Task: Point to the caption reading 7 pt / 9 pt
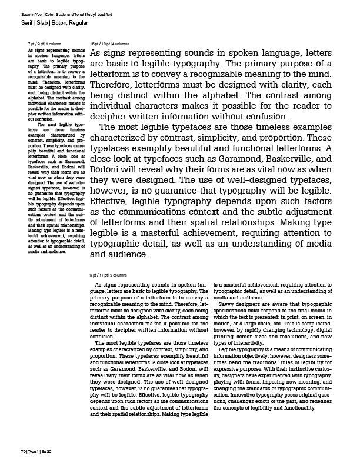pos(36,44)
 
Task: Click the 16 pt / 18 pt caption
pos(99,44)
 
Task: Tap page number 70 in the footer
pos(16,451)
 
